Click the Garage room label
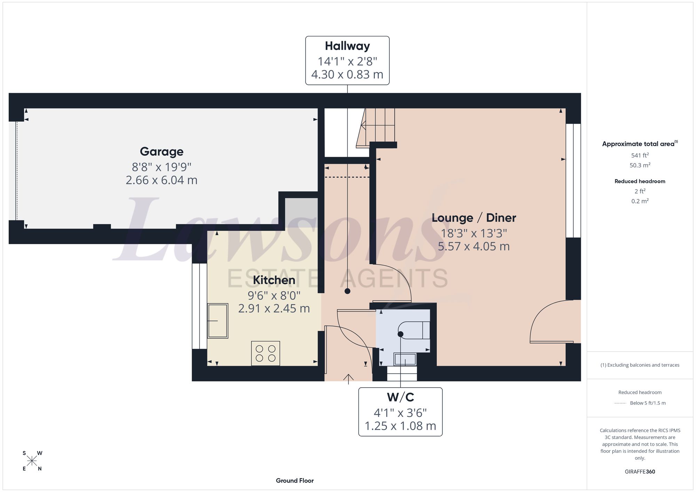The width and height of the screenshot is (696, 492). click(161, 152)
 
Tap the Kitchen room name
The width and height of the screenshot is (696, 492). click(274, 280)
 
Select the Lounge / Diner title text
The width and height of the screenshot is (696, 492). click(474, 218)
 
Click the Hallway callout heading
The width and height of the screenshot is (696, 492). click(347, 46)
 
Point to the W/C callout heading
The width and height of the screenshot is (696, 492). click(400, 397)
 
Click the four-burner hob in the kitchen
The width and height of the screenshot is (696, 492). click(266, 353)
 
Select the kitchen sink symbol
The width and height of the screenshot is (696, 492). click(218, 321)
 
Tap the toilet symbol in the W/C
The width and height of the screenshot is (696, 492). click(414, 330)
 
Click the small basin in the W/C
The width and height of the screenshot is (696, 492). click(405, 359)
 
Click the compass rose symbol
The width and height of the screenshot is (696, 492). click(32, 461)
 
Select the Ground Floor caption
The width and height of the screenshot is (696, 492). click(295, 481)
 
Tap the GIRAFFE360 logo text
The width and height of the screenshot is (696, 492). click(640, 472)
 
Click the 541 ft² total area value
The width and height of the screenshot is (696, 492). click(640, 155)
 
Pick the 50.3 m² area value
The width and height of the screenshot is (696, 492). click(640, 165)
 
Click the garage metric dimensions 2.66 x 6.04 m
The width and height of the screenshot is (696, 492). click(161, 180)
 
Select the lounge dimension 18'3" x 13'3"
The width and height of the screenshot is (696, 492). click(474, 233)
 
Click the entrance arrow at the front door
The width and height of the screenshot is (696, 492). click(348, 379)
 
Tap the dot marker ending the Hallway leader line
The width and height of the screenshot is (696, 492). click(347, 291)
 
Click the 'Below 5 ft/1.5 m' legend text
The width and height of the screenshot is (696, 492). click(648, 403)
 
